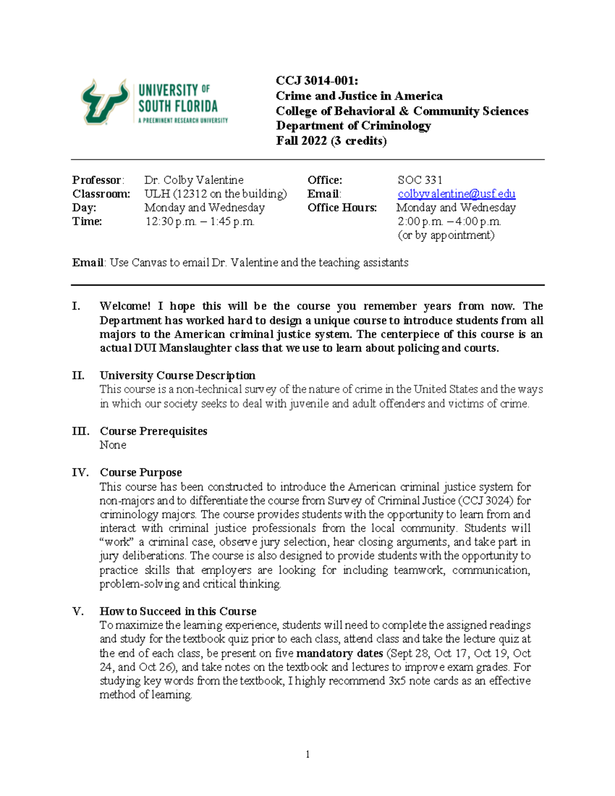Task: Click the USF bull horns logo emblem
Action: pyautogui.click(x=105, y=101)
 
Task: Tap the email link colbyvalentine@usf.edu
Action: pyautogui.click(x=456, y=194)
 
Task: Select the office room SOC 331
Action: pyautogui.click(x=419, y=180)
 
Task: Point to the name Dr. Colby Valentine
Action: pyautogui.click(x=194, y=180)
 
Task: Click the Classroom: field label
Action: pyautogui.click(x=101, y=194)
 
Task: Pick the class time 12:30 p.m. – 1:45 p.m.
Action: pyautogui.click(x=199, y=221)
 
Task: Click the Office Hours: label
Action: pyautogui.click(x=342, y=208)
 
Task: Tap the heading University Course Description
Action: pyautogui.click(x=177, y=375)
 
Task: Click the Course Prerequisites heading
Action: pyautogui.click(x=153, y=431)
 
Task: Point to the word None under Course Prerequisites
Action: pyautogui.click(x=113, y=445)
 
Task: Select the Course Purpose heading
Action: pyautogui.click(x=140, y=473)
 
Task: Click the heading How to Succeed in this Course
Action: pyautogui.click(x=178, y=611)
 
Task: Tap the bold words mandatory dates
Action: pyautogui.click(x=339, y=653)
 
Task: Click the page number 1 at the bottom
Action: pyautogui.click(x=307, y=753)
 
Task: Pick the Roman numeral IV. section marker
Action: pyautogui.click(x=80, y=473)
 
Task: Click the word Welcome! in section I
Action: pyautogui.click(x=125, y=306)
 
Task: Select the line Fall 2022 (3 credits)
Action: pyautogui.click(x=331, y=141)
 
